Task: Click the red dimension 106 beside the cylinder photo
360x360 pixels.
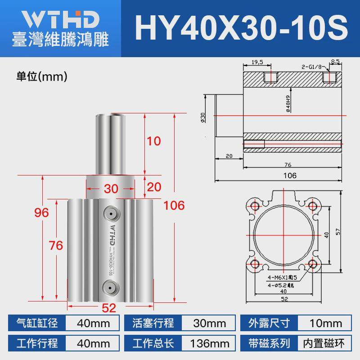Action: tap(173, 206)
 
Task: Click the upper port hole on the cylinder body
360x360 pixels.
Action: tap(110, 212)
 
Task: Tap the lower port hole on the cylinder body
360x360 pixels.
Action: tap(110, 286)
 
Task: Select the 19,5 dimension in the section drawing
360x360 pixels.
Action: tap(257, 63)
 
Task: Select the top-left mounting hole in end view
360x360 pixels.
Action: tap(255, 207)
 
